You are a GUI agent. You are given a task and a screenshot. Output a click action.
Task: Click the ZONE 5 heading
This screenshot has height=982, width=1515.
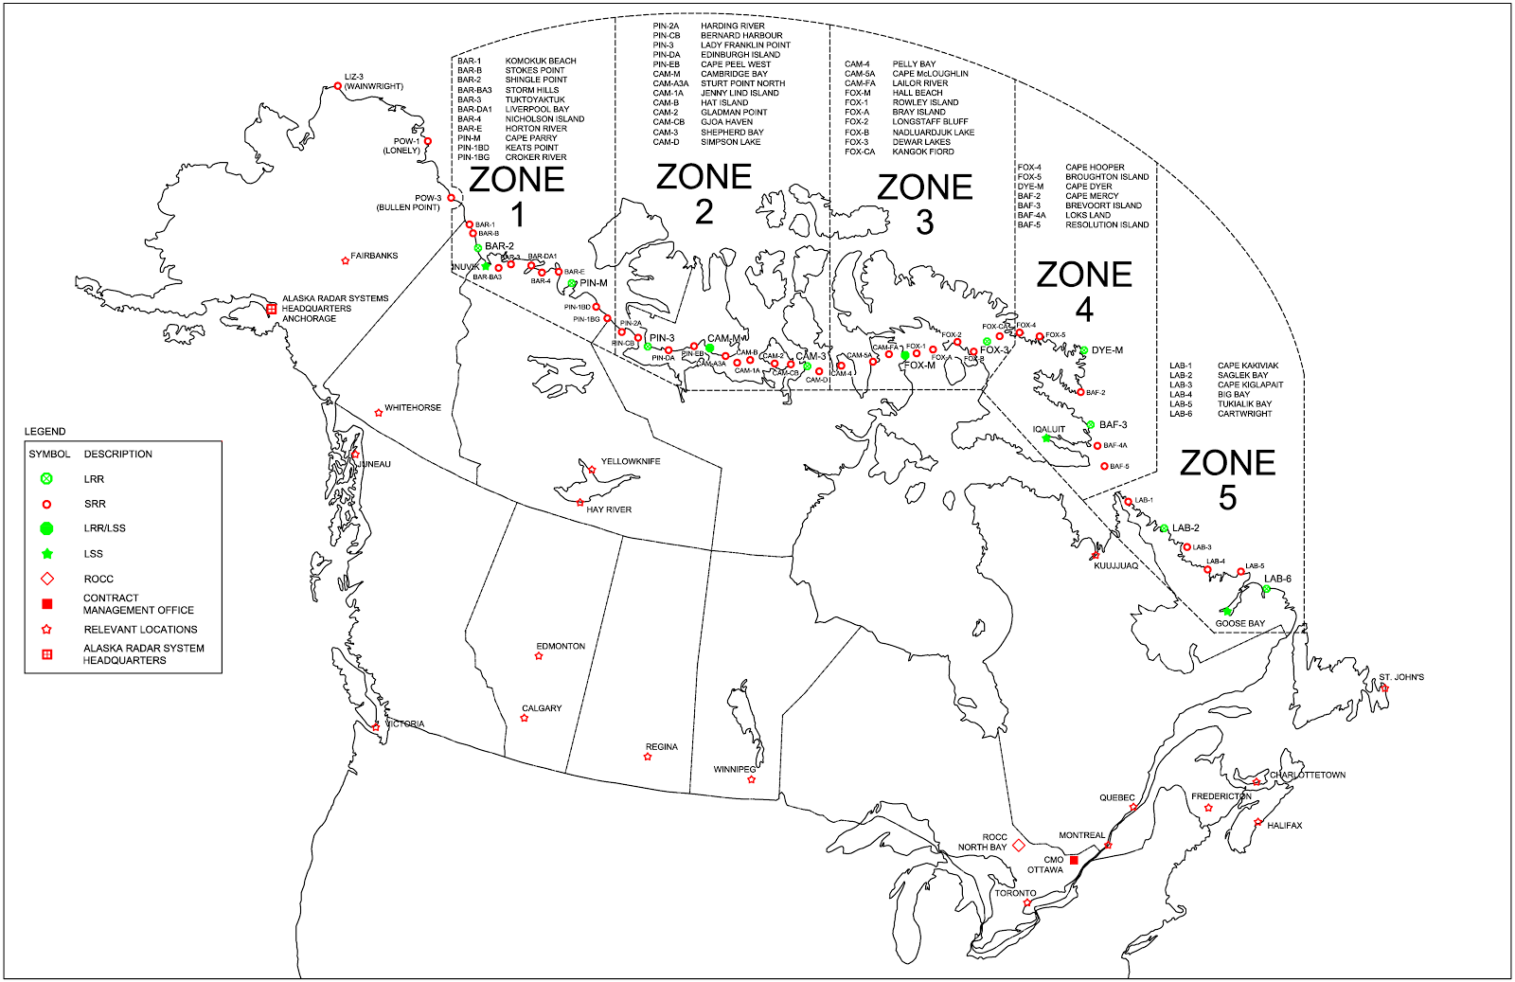click(1227, 479)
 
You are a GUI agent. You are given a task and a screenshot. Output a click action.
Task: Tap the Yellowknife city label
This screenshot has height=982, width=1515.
click(631, 461)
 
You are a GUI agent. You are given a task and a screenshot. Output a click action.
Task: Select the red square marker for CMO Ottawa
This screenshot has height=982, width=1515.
click(1074, 860)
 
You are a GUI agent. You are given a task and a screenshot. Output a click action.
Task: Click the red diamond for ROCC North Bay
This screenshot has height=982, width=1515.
click(1019, 845)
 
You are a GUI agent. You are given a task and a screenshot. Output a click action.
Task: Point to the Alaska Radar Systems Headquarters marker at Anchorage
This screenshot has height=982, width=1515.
click(272, 309)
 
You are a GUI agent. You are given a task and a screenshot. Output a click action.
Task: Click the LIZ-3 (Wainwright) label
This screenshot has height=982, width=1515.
click(373, 81)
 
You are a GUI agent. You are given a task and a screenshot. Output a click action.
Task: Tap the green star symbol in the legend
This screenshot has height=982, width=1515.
click(46, 553)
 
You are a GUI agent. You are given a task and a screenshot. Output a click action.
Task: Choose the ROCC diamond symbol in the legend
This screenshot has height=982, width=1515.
click(46, 579)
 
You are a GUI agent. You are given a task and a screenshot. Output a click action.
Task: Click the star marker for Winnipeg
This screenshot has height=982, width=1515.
click(752, 779)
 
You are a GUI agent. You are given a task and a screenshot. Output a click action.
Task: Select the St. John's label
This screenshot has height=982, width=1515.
click(1401, 677)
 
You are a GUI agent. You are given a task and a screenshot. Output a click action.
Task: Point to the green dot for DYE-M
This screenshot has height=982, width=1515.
click(1084, 350)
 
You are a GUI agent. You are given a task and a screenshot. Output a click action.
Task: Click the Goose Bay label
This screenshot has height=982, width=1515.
click(1239, 623)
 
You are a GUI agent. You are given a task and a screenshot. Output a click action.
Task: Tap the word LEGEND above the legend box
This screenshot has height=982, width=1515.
click(45, 431)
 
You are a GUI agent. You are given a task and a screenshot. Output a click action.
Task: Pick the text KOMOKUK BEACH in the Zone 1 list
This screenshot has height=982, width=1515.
click(541, 61)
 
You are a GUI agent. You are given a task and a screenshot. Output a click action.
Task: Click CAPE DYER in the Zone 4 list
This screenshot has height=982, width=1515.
click(1089, 187)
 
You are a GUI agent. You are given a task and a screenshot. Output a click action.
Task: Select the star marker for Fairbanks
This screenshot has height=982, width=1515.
click(345, 260)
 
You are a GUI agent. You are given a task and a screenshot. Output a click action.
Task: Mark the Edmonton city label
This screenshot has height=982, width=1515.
click(561, 646)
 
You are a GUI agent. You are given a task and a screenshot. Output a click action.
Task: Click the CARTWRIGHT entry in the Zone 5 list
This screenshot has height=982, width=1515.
click(1245, 414)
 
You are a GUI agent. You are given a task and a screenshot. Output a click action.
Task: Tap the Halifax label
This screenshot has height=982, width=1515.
click(1285, 825)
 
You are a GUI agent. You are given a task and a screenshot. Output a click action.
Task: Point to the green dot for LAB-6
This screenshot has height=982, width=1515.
click(1266, 589)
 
